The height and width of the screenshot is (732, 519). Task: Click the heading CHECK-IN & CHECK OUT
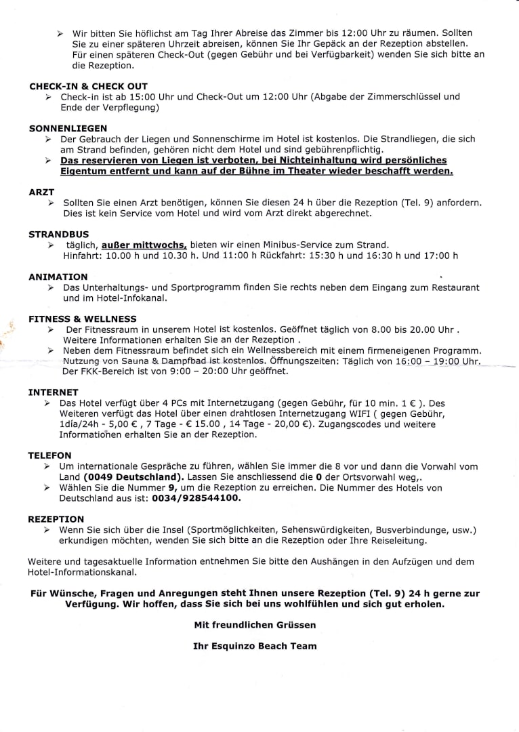(88, 86)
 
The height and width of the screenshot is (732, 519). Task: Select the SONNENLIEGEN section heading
(68, 128)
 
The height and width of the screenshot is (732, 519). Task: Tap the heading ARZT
(41, 192)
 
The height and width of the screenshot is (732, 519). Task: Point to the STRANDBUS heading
(59, 234)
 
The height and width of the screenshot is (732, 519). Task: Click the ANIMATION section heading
(58, 277)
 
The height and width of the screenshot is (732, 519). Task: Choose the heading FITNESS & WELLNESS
(82, 319)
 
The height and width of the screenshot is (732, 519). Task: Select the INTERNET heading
(53, 392)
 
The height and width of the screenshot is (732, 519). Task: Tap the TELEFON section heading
(49, 455)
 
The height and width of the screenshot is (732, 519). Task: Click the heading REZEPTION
(56, 518)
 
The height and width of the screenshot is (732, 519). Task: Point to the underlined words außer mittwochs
(144, 244)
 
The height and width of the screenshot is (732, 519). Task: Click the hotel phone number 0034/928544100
(197, 497)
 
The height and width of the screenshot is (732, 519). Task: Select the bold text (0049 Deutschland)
(130, 476)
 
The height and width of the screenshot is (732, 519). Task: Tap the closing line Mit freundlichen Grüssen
(255, 624)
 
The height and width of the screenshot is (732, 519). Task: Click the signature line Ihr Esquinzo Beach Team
(255, 646)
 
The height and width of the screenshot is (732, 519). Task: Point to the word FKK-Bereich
(105, 371)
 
